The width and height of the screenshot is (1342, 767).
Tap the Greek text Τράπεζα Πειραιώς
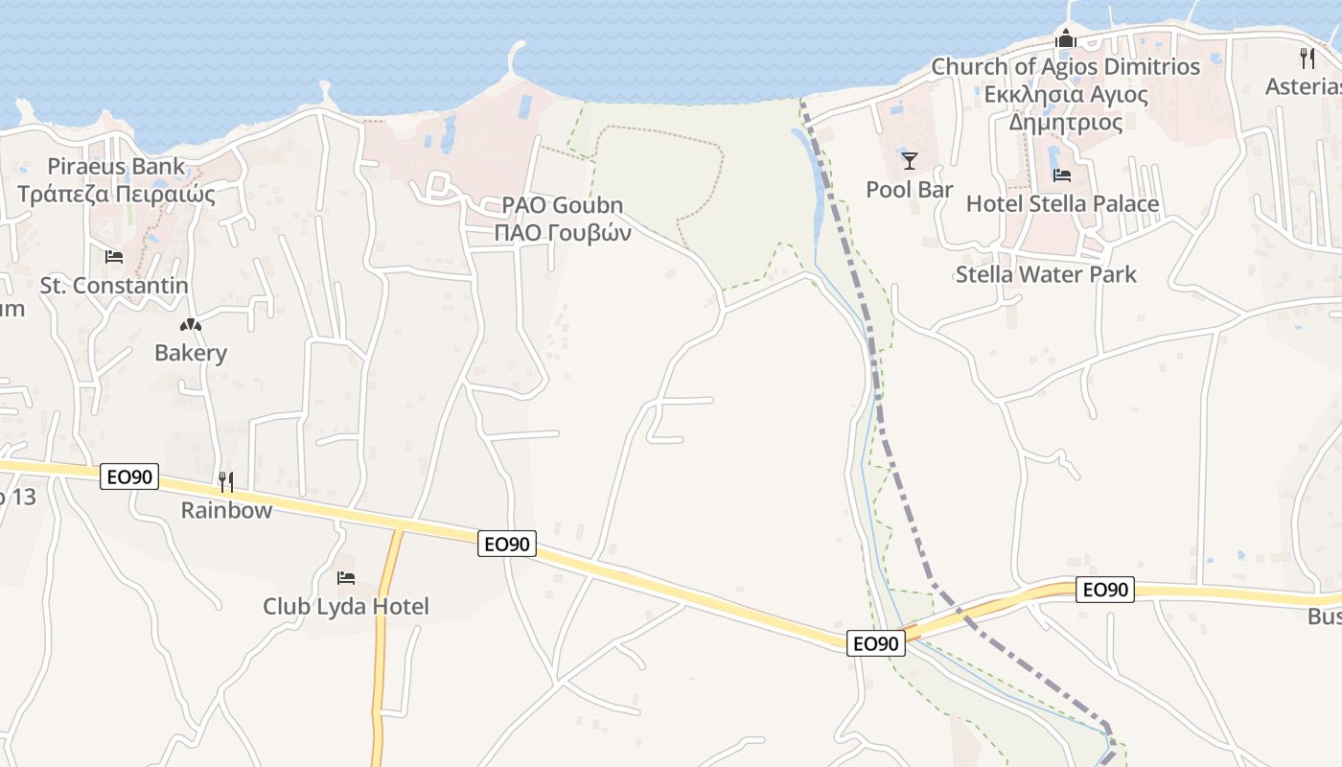click(116, 194)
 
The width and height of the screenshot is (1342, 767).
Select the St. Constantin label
click(114, 285)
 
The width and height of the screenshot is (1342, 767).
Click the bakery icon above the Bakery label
click(191, 325)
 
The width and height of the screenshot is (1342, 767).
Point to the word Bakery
click(191, 353)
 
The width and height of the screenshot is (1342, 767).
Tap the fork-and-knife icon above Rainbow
click(226, 481)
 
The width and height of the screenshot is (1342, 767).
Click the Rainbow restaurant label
click(226, 510)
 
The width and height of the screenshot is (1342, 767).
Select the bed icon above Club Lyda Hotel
click(346, 577)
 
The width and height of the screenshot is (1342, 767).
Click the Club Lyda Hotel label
click(346, 606)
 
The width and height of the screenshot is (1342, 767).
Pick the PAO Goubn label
click(563, 205)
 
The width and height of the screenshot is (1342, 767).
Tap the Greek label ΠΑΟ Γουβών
click(563, 233)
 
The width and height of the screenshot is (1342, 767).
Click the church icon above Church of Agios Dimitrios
click(1066, 39)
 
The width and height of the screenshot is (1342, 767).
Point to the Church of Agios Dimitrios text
click(1066, 67)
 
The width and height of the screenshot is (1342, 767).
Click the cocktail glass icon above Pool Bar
click(909, 160)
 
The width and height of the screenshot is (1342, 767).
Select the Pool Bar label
click(909, 190)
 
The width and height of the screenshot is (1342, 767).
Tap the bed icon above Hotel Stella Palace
click(1062, 175)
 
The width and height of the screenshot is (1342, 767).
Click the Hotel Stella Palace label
click(1062, 204)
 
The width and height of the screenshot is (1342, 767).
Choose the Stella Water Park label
click(1046, 274)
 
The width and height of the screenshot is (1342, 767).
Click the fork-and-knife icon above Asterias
click(1307, 58)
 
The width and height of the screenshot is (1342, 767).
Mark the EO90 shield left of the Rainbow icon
click(129, 476)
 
